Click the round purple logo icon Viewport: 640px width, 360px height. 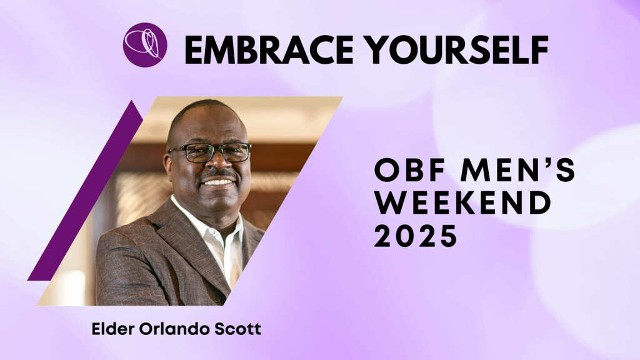point(145,45)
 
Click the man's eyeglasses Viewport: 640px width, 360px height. point(210,152)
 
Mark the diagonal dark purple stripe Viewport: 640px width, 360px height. point(85,190)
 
